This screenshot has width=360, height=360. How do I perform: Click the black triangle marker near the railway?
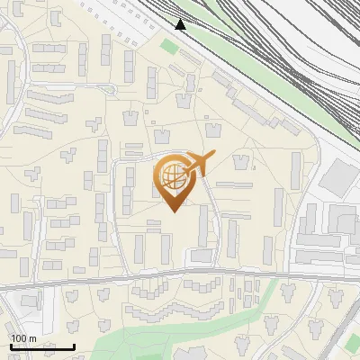pos(180,24)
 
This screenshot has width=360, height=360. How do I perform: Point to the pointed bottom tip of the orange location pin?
pos(173,211)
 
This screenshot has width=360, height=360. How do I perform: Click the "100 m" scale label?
pos(23,338)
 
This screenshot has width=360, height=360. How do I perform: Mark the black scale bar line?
pos(42,346)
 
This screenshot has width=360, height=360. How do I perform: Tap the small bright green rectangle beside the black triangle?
pos(169,46)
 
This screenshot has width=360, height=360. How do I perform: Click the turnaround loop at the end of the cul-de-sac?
pos(108,88)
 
